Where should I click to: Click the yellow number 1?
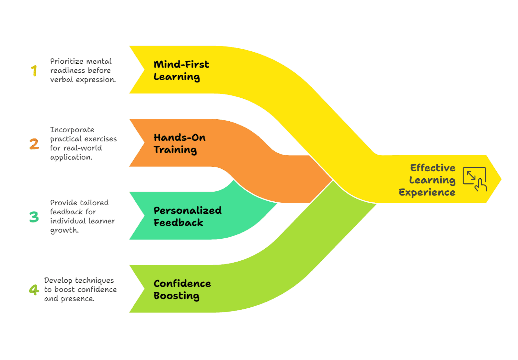(x=34, y=71)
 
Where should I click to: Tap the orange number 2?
(x=34, y=144)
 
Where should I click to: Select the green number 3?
(x=34, y=217)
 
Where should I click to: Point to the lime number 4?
(x=34, y=290)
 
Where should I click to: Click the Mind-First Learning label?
(x=181, y=70)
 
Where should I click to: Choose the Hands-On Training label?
(x=179, y=144)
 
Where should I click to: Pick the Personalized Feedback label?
(x=187, y=217)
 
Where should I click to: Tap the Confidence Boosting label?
(x=182, y=290)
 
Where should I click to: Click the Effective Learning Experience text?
(x=428, y=180)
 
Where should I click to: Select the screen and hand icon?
(x=475, y=179)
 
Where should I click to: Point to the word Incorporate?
(x=72, y=130)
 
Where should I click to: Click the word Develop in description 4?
(x=58, y=280)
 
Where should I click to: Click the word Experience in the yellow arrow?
(x=427, y=193)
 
